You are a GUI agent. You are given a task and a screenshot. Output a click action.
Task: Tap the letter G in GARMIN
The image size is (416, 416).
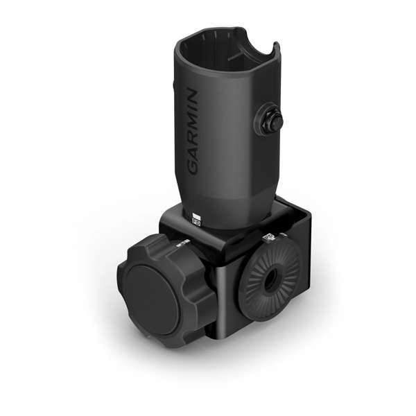click(x=193, y=167)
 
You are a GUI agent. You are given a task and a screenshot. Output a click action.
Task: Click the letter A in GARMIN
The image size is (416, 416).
click(x=193, y=154)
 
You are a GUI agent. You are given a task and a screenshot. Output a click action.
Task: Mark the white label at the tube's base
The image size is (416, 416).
click(x=196, y=220)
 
